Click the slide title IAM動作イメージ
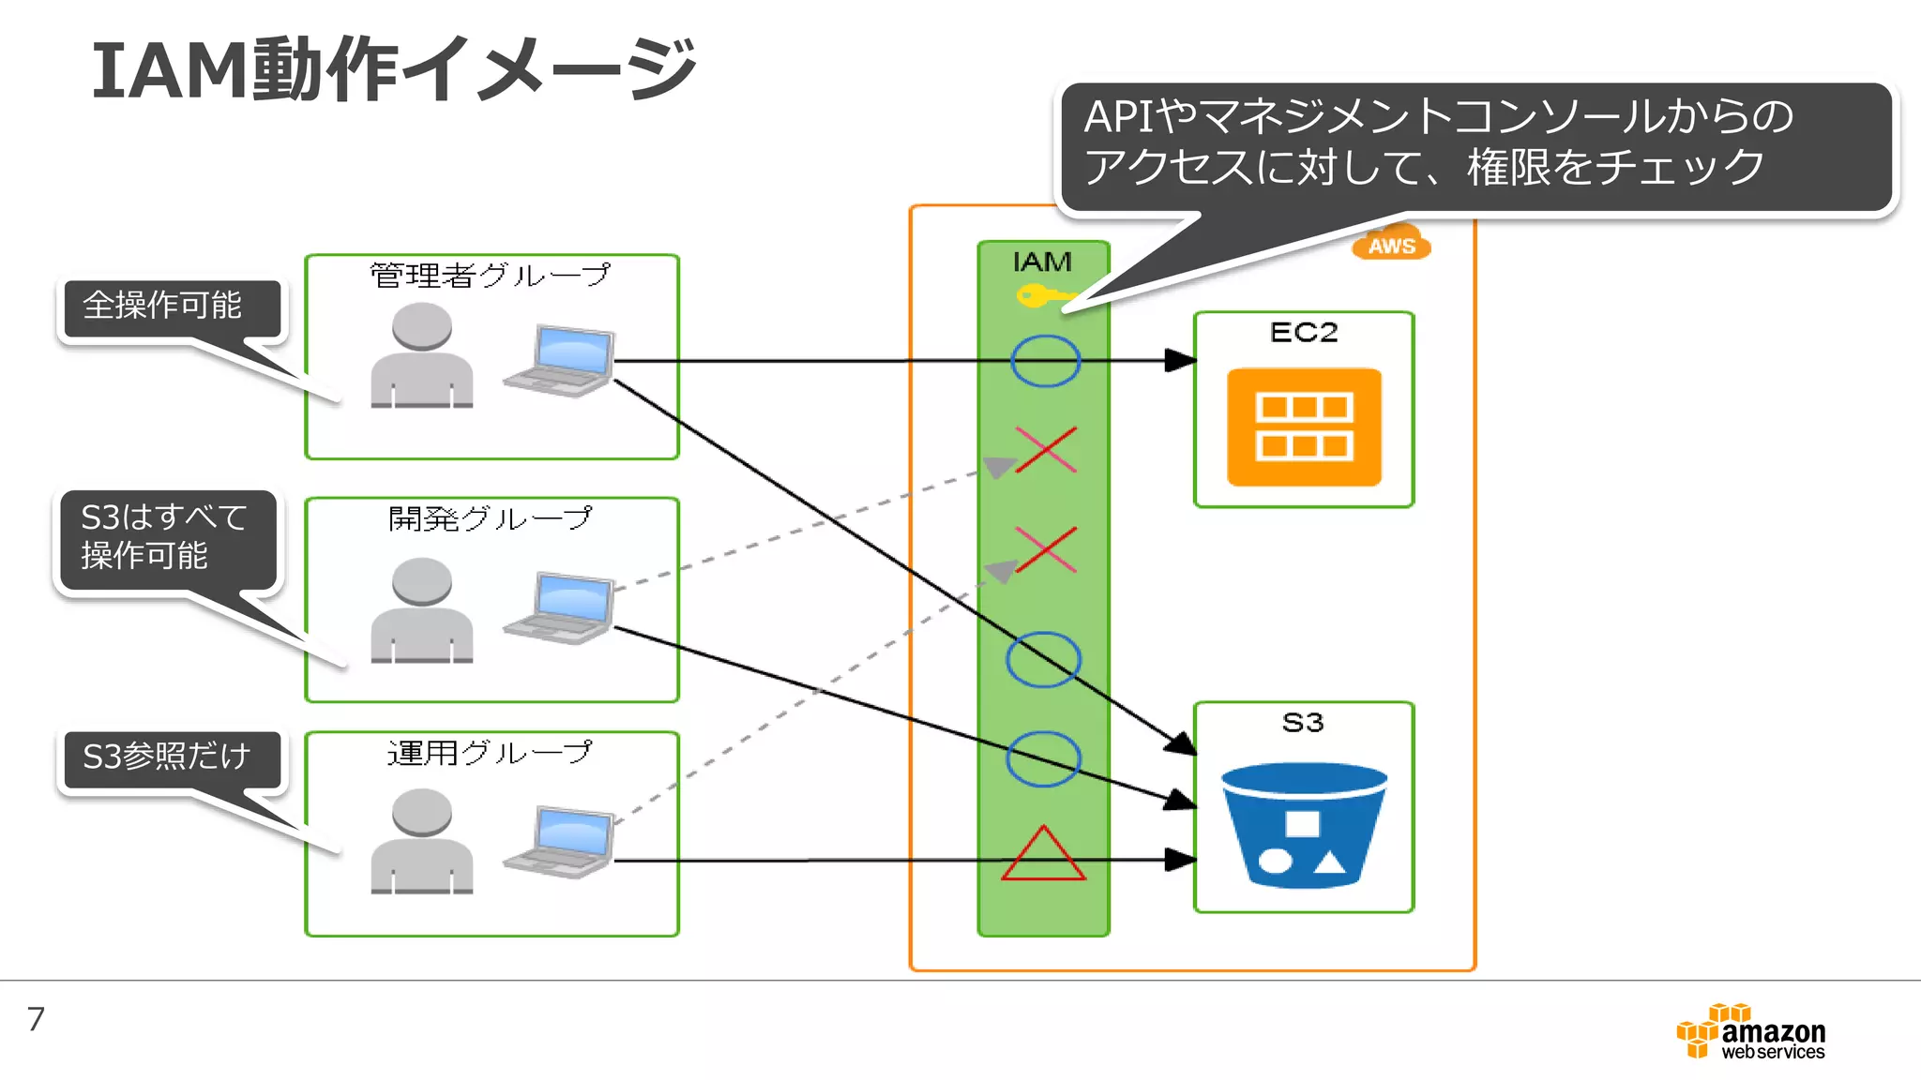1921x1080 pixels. [x=394, y=69]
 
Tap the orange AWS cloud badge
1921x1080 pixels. [x=1391, y=244]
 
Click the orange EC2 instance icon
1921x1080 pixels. [x=1304, y=427]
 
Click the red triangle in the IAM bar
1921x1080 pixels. [x=1043, y=855]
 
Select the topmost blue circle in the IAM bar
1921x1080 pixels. [x=1045, y=361]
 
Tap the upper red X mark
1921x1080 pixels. [x=1045, y=450]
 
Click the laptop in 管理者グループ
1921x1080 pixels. [x=561, y=361]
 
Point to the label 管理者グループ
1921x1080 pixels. [x=490, y=276]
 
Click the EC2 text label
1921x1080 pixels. [x=1304, y=333]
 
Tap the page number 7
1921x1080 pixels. [x=36, y=1019]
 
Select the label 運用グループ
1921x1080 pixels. [x=490, y=753]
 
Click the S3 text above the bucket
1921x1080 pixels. [x=1303, y=723]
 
